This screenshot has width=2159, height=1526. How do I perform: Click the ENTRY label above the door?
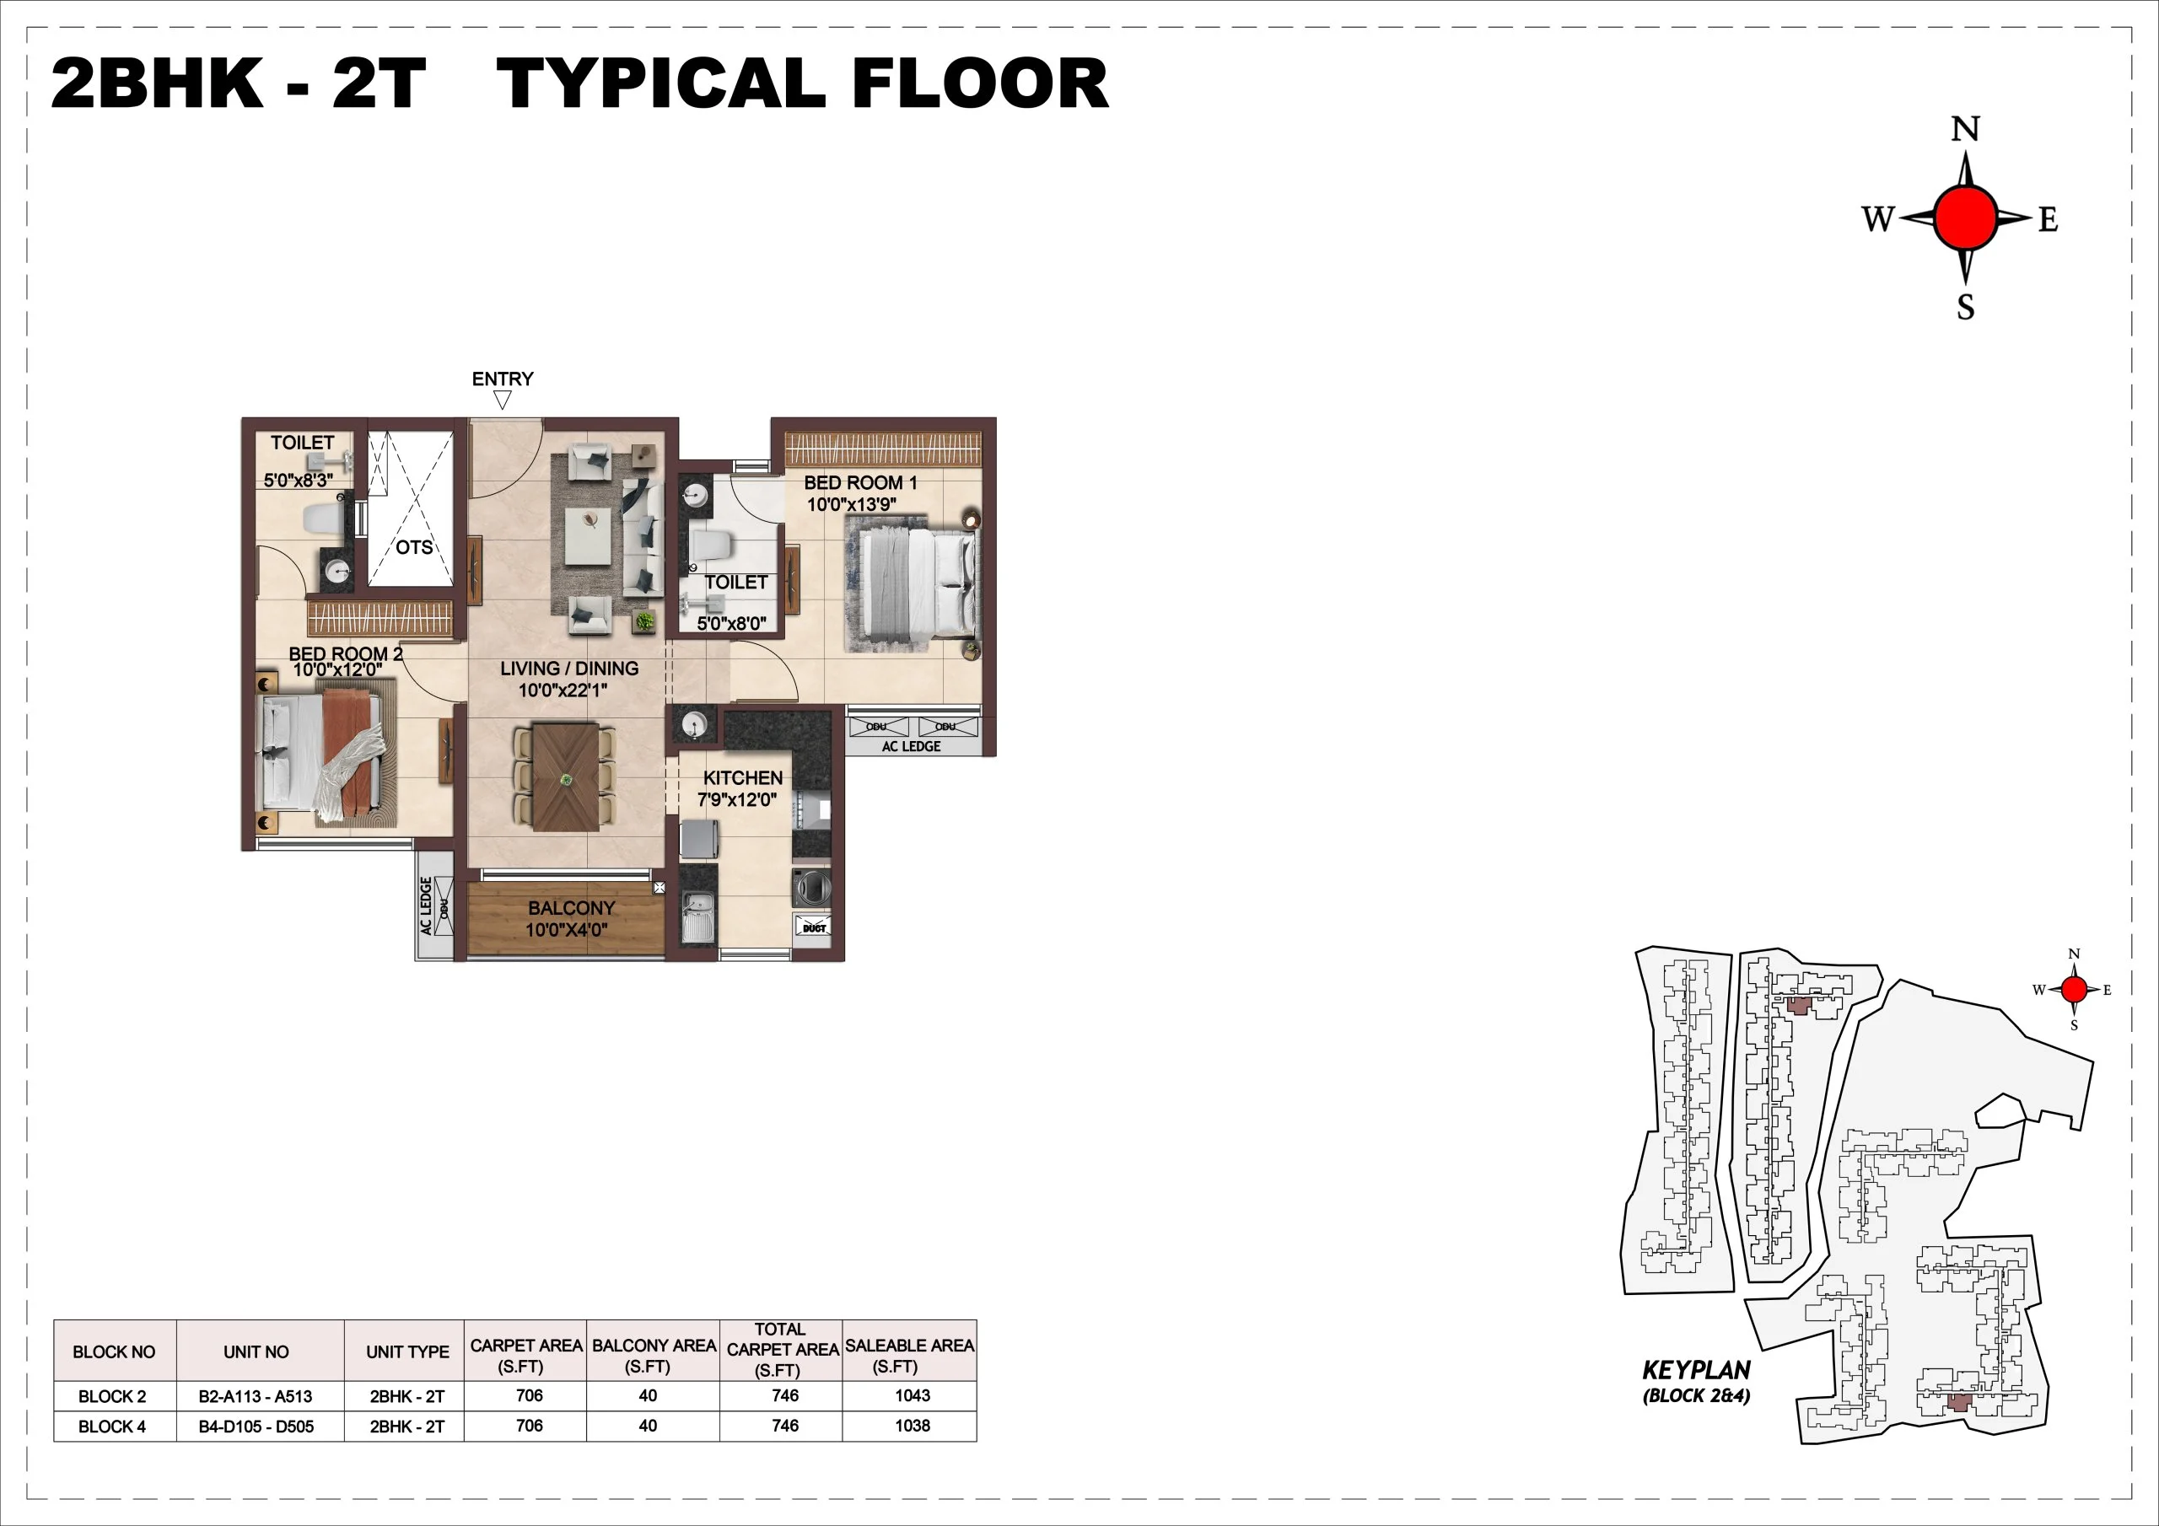pyautogui.click(x=502, y=379)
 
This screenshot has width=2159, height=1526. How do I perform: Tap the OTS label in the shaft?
pyautogui.click(x=414, y=547)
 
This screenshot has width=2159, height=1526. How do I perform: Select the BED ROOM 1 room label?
pyautogui.click(x=859, y=482)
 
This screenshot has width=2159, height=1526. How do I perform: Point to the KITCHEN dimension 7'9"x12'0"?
pyautogui.click(x=736, y=800)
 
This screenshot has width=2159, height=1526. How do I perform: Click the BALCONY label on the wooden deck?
pyautogui.click(x=571, y=908)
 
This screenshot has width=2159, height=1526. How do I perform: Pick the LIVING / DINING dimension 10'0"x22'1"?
pyautogui.click(x=563, y=690)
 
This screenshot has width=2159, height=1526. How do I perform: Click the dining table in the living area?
pyautogui.click(x=565, y=776)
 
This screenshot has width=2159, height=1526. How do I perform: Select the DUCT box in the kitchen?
pyautogui.click(x=813, y=927)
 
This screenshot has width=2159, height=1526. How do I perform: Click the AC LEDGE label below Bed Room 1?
pyautogui.click(x=910, y=746)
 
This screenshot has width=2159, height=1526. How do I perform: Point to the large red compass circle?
pyautogui.click(x=1964, y=218)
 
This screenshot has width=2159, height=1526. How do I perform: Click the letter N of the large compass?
pyautogui.click(x=1965, y=129)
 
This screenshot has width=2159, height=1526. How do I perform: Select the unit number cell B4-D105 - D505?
pyautogui.click(x=256, y=1427)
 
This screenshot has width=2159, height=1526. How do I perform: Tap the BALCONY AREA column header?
pyautogui.click(x=654, y=1355)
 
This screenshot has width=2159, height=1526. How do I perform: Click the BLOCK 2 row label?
pyautogui.click(x=112, y=1396)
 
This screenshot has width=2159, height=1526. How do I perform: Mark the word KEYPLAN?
pyautogui.click(x=1695, y=1370)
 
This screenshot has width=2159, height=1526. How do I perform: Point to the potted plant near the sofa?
pyautogui.click(x=644, y=621)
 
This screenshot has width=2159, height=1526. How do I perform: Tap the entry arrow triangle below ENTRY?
pyautogui.click(x=502, y=400)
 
